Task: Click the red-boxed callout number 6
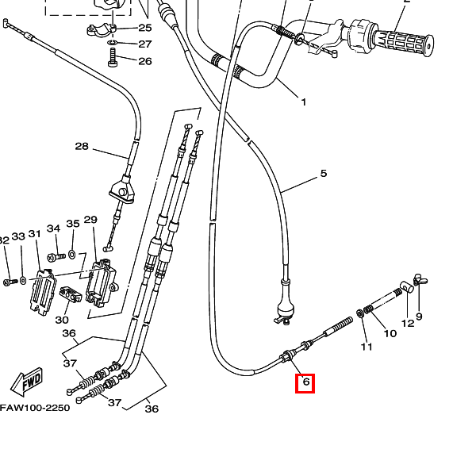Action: tap(305, 384)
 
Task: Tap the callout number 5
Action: tap(323, 174)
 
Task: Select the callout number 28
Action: tap(82, 146)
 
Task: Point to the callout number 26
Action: tap(145, 61)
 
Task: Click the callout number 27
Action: tap(145, 44)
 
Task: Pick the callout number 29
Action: tap(90, 220)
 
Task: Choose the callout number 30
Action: tap(62, 320)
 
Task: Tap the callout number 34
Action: tap(53, 229)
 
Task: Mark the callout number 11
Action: tap(366, 347)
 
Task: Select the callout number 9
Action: tap(419, 317)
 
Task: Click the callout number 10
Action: tap(390, 333)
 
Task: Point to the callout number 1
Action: tap(302, 102)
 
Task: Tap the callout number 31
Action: tap(34, 234)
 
